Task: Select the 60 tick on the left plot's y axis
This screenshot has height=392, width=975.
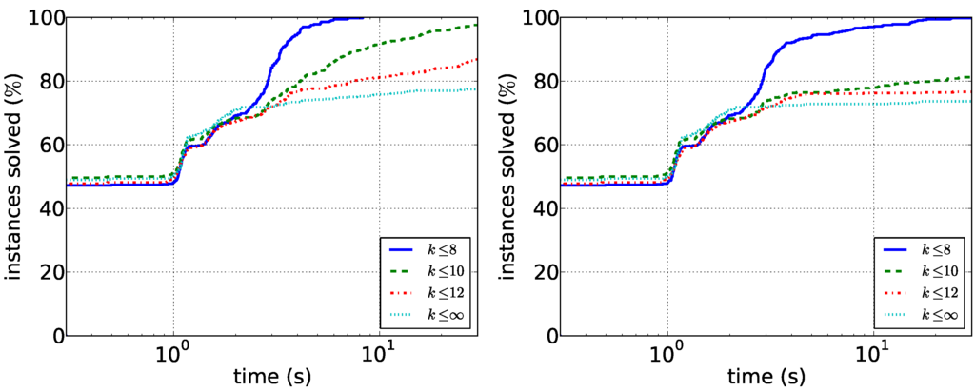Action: (53, 146)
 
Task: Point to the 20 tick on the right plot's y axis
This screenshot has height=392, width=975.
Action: (548, 273)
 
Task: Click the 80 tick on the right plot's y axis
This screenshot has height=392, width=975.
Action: (548, 82)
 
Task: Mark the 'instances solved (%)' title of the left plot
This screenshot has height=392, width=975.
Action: (15, 177)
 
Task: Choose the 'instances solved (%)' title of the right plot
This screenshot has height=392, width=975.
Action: (510, 177)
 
